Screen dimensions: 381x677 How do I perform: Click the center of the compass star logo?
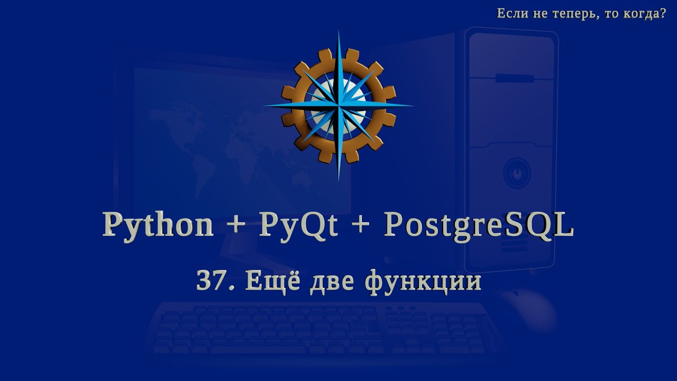[x=338, y=105]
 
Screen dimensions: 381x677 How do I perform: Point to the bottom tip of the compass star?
[x=338, y=179]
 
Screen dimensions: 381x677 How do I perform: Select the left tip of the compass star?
[x=264, y=105]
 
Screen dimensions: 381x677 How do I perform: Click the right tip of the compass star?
[x=412, y=105]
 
